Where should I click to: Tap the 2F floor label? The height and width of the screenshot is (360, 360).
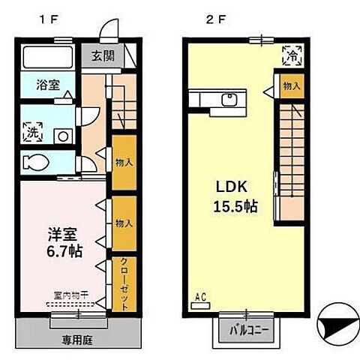[215, 20]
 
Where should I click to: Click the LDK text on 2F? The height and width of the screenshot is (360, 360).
[232, 185]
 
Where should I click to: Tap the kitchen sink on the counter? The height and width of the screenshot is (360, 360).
[230, 98]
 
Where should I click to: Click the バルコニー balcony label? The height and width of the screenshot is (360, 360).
[244, 330]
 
